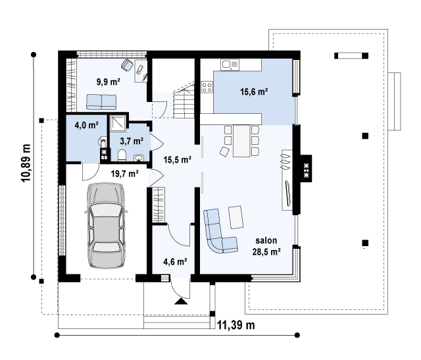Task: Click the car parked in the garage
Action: [x=106, y=225]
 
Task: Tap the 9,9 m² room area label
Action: [x=108, y=82]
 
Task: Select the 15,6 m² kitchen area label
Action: [x=254, y=91]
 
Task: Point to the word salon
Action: [x=266, y=240]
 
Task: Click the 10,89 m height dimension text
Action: [x=26, y=163]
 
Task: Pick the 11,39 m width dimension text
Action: [x=235, y=325]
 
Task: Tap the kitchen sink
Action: [x=230, y=64]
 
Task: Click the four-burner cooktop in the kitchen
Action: [x=207, y=87]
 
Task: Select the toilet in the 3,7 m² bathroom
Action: [x=122, y=155]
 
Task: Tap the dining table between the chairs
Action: [x=241, y=141]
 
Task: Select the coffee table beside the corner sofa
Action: [x=235, y=217]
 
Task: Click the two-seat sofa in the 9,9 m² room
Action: [x=101, y=102]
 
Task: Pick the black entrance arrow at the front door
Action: [x=182, y=301]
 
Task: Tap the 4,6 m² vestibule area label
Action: [x=175, y=261]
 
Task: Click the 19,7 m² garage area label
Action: [x=124, y=174]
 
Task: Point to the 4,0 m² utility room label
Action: [x=86, y=124]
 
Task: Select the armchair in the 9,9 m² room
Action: [x=127, y=65]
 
